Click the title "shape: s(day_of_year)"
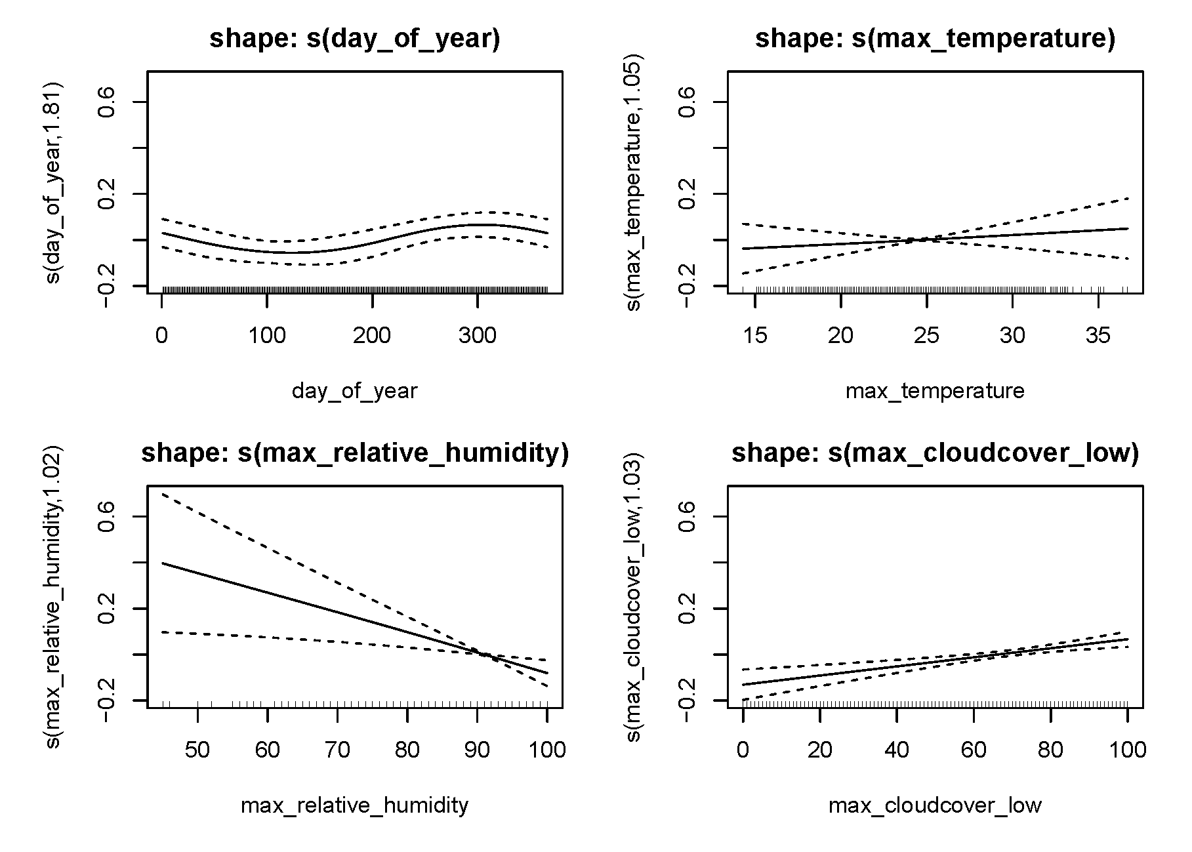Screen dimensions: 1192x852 [x=354, y=39]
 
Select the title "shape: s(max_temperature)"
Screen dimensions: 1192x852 [x=935, y=39]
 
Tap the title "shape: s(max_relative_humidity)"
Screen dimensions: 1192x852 [x=355, y=454]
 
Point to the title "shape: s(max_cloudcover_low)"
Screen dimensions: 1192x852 [x=935, y=454]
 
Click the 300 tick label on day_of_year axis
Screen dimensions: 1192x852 [x=478, y=336]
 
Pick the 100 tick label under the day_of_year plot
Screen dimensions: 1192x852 [x=267, y=336]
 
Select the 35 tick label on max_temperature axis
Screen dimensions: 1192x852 [x=1098, y=336]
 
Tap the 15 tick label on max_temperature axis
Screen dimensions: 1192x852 [x=755, y=336]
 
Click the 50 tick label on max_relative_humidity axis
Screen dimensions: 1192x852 [x=197, y=750]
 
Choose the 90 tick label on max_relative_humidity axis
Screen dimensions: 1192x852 [x=477, y=750]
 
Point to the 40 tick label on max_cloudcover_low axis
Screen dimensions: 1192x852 [x=897, y=750]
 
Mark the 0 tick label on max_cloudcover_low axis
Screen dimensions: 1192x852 [x=743, y=750]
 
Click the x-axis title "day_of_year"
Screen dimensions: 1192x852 [x=354, y=392]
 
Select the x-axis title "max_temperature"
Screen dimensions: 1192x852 [x=935, y=392]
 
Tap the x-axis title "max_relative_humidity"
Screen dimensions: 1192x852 [x=355, y=805]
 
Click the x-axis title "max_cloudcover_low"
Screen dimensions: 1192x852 [x=935, y=805]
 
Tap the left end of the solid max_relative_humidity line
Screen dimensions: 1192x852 [x=162, y=563]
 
